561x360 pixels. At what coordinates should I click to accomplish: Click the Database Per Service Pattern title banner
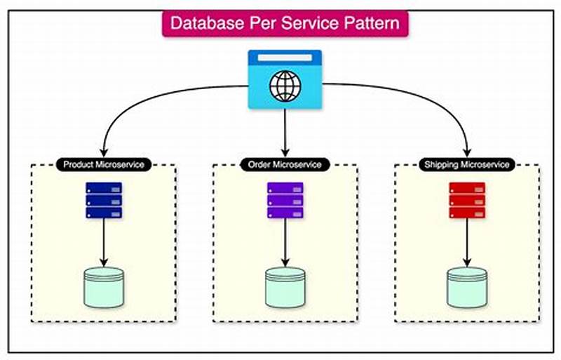(285, 23)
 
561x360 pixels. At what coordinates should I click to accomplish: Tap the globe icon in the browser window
(285, 88)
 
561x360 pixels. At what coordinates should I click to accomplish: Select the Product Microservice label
(104, 164)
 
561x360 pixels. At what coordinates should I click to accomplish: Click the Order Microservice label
(285, 164)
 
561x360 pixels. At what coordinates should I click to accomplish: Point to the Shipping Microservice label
(466, 164)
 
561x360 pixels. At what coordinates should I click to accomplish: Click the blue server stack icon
(104, 200)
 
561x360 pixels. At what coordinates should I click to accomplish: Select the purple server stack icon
(285, 200)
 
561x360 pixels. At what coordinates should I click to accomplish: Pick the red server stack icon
(466, 200)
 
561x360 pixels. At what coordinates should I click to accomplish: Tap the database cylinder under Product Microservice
(104, 287)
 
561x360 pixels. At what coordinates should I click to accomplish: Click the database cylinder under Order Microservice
(285, 287)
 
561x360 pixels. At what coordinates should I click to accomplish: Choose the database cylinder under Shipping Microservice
(466, 287)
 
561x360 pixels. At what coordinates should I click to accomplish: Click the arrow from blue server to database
(104, 242)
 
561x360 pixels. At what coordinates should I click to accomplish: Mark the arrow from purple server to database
(285, 242)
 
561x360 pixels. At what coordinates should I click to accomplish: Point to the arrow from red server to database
(466, 242)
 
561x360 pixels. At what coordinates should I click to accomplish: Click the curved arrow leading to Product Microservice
(140, 98)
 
